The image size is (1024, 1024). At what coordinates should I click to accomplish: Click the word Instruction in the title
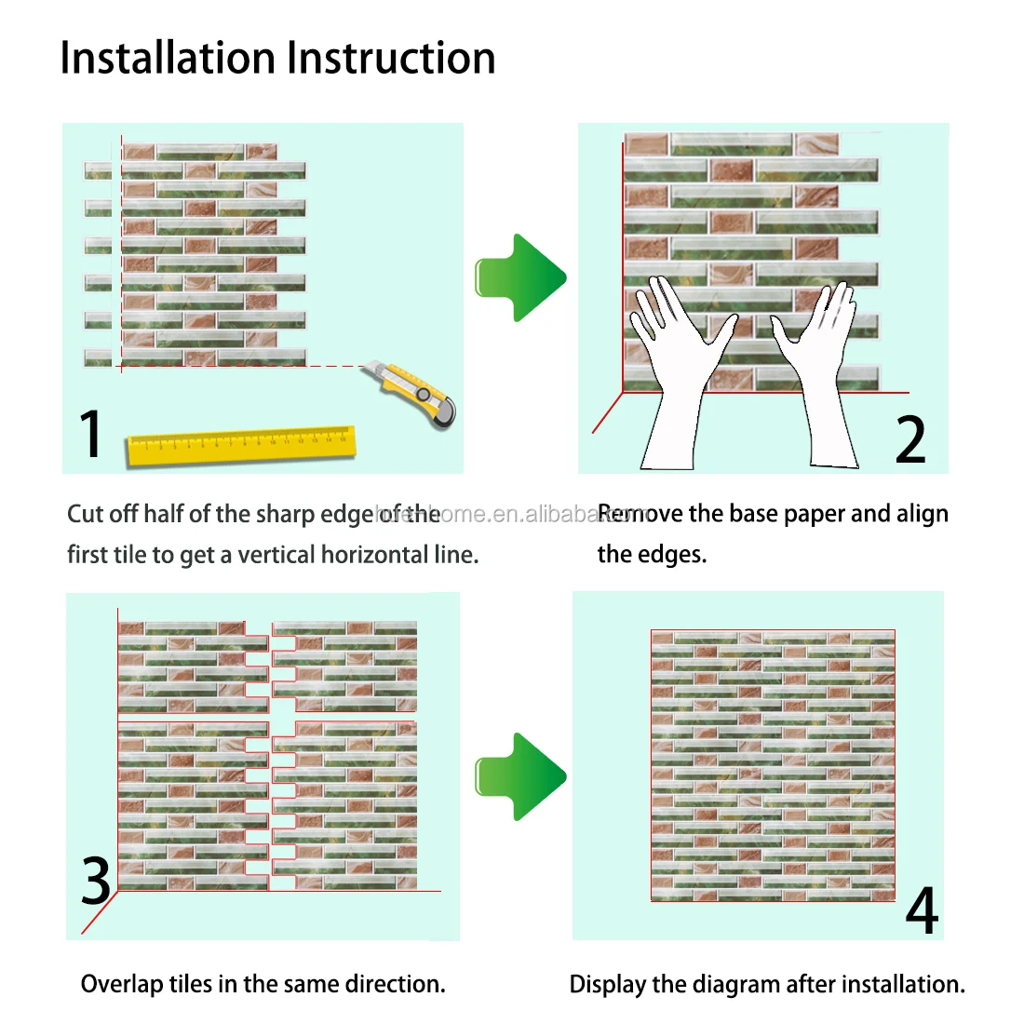(391, 58)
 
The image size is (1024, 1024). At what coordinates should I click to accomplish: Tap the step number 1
(89, 434)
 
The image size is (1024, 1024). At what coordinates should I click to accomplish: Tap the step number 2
(909, 439)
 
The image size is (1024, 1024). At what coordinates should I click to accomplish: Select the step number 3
(96, 881)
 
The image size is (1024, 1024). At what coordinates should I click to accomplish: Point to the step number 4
(921, 911)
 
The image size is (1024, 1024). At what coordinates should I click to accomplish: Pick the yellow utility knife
(421, 394)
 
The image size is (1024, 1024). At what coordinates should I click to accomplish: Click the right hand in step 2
(819, 372)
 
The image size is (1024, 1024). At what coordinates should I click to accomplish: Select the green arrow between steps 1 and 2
(521, 277)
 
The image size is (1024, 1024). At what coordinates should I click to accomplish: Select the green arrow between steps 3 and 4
(521, 776)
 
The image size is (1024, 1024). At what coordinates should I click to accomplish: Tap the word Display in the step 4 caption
(604, 985)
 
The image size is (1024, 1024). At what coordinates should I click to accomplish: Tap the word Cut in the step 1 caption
(85, 514)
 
